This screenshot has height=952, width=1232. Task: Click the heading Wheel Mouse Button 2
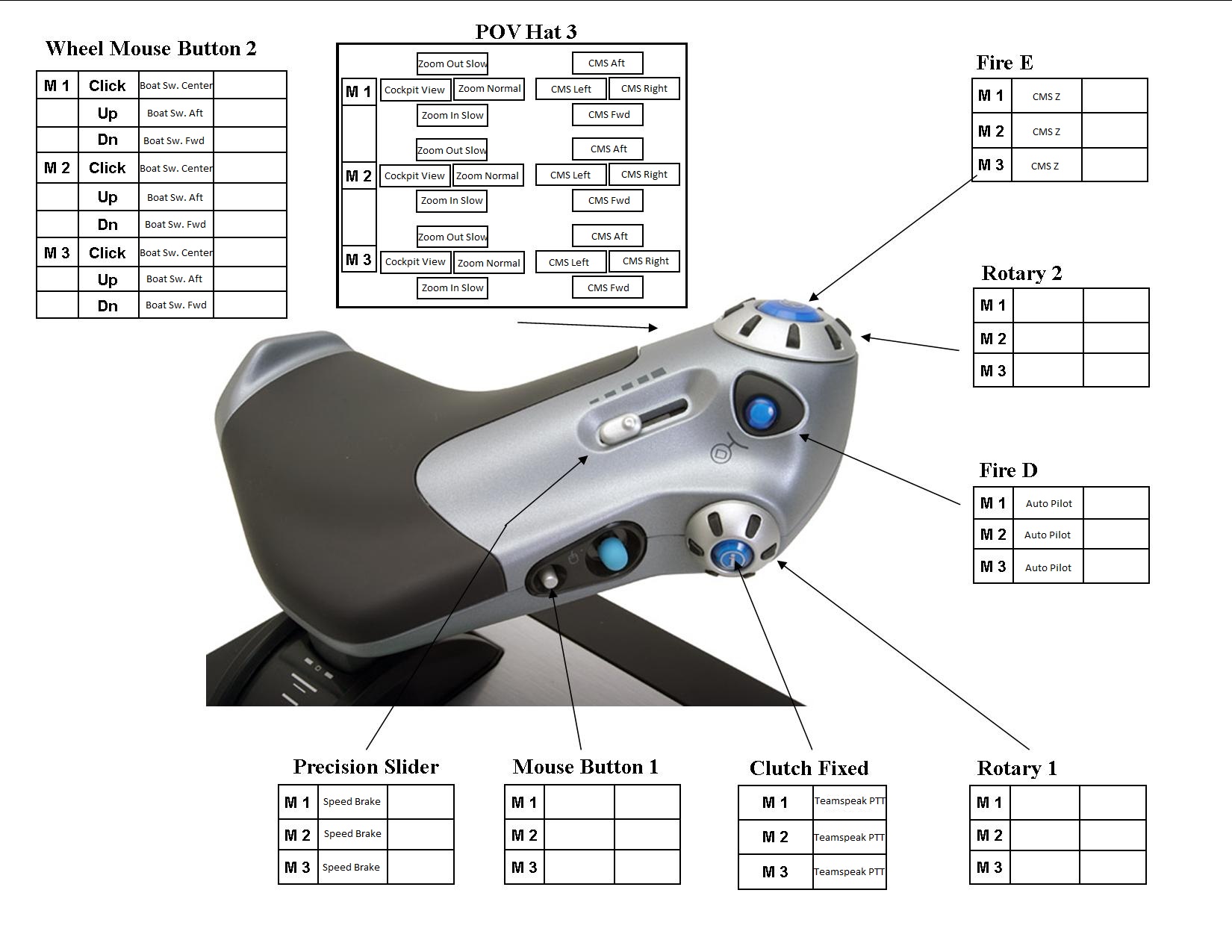tap(151, 49)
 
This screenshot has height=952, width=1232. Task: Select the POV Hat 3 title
tap(526, 31)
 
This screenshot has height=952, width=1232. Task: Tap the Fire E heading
tap(1004, 63)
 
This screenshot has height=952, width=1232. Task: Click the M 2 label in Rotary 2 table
tap(992, 339)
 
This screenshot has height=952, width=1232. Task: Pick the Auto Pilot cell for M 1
tap(1048, 503)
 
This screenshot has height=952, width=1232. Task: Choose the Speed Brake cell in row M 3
tap(351, 867)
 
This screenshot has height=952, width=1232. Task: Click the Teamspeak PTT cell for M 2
tap(849, 837)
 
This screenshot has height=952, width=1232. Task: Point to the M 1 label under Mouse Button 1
tap(523, 803)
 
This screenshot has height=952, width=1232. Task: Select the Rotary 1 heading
tap(1016, 768)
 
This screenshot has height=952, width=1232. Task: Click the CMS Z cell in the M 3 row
tap(1045, 166)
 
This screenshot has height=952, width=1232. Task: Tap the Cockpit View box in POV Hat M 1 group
tap(414, 90)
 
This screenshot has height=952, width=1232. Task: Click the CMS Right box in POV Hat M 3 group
tap(645, 261)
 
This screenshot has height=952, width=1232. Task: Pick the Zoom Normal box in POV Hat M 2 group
tap(487, 175)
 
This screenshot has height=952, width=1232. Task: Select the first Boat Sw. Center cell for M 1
tap(176, 85)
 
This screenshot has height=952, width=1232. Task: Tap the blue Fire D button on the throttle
tap(760, 412)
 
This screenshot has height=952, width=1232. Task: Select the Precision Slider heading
tap(366, 767)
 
